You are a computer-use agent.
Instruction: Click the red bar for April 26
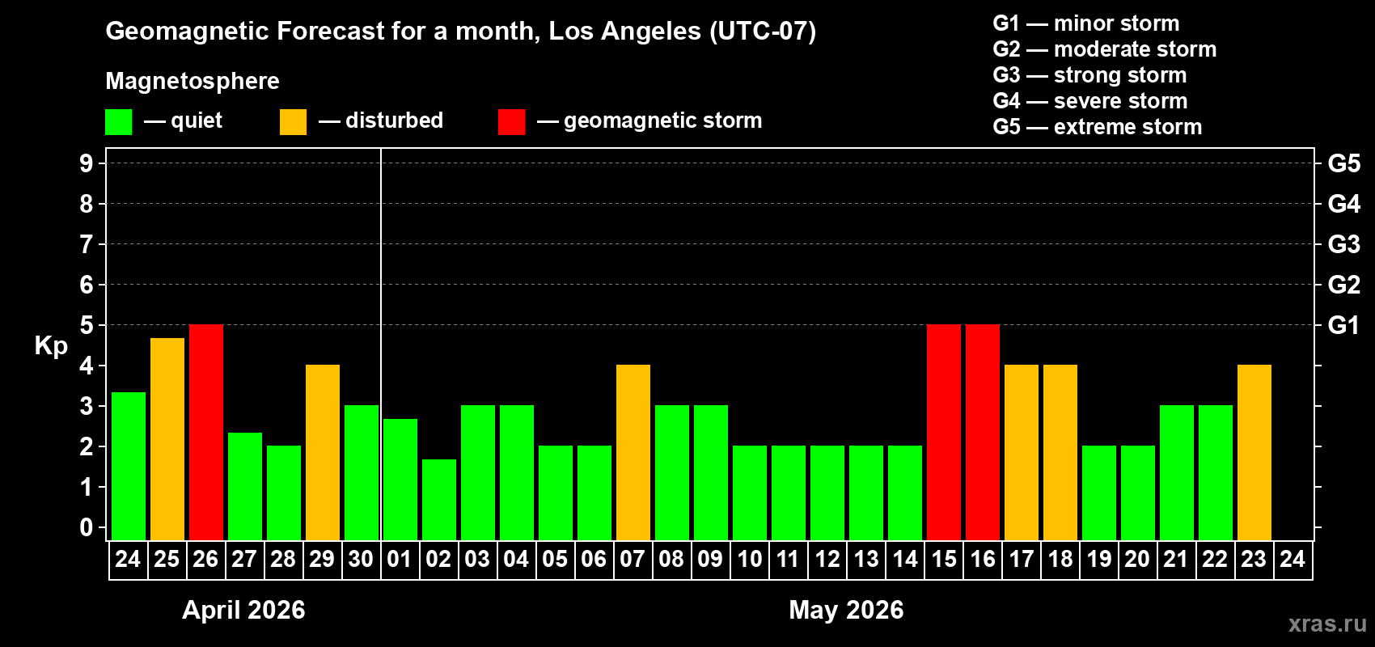point(206,432)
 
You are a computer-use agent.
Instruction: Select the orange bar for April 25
point(167,438)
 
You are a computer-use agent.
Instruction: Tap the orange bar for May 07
point(633,452)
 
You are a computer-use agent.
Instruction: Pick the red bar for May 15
point(944,432)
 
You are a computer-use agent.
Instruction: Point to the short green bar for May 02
point(439,499)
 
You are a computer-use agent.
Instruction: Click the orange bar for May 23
point(1254,452)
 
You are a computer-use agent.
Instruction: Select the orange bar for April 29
point(323,452)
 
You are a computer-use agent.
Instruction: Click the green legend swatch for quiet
point(119,122)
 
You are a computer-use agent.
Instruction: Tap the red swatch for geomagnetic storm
point(511,122)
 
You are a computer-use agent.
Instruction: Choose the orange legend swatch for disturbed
point(293,122)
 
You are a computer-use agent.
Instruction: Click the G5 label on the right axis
point(1343,163)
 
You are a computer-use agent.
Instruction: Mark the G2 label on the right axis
point(1343,285)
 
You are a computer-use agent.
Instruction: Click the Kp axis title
point(51,345)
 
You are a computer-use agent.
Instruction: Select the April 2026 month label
point(243,610)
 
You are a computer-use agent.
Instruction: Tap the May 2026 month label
point(846,610)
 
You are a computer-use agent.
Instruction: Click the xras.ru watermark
point(1327,624)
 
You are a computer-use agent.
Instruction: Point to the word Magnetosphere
point(192,81)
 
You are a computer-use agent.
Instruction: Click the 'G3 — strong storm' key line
point(1089,75)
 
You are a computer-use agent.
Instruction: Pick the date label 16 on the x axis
point(983,559)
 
